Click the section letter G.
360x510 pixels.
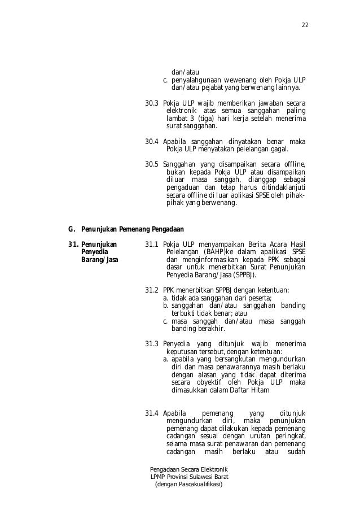[x=71, y=229]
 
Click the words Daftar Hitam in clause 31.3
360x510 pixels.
[x=248, y=390]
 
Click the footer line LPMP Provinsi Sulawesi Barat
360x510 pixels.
[x=188, y=477]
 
